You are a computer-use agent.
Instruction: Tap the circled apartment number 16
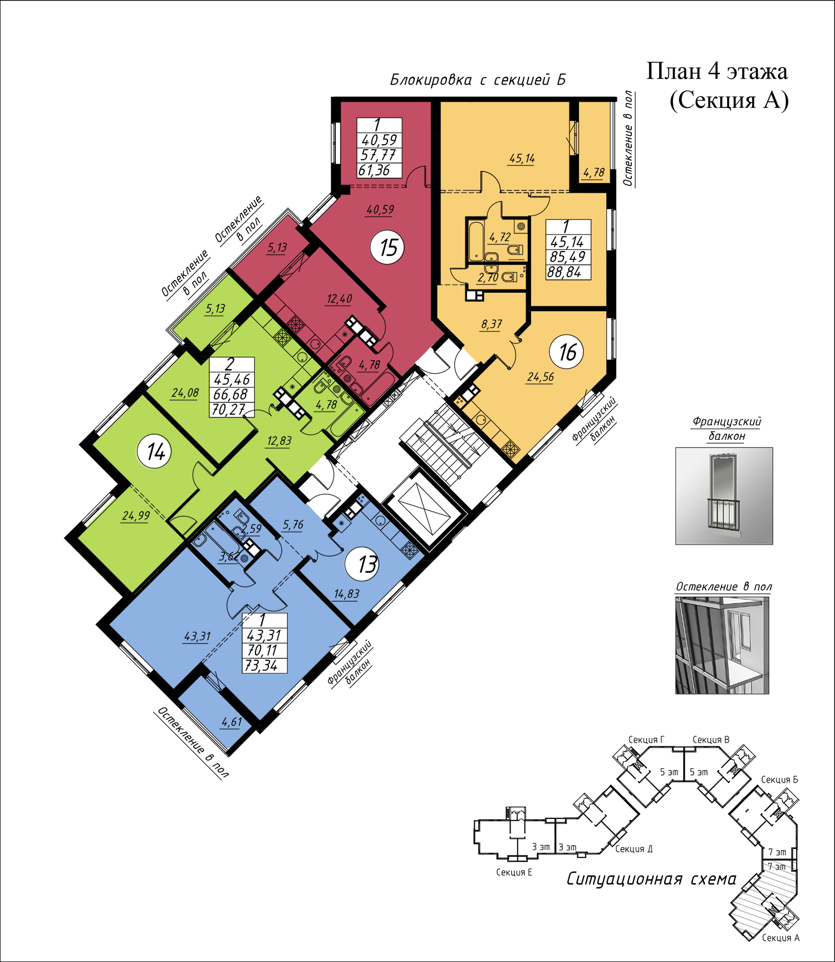pos(567,352)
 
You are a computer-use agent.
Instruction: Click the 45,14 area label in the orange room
pos(522,159)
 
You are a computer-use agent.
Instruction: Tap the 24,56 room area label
pos(541,377)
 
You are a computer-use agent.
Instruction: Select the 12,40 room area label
pos(339,299)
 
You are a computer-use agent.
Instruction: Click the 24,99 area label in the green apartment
pos(136,516)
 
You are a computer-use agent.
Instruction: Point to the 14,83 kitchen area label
pos(346,594)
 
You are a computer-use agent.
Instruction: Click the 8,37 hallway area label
pos(492,324)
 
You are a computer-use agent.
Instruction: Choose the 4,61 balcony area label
pos(232,723)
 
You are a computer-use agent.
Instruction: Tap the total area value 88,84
pos(564,272)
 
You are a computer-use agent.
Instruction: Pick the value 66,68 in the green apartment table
pos(230,394)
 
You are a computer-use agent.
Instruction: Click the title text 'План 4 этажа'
pos(717,71)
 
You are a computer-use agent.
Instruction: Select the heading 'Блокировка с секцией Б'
pos(478,80)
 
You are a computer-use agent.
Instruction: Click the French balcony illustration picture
pos(724,495)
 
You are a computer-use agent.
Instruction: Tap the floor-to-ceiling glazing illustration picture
pos(722,645)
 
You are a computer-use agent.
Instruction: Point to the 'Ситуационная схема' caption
pos(651,879)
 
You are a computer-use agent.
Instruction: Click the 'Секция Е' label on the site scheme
pos(514,872)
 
